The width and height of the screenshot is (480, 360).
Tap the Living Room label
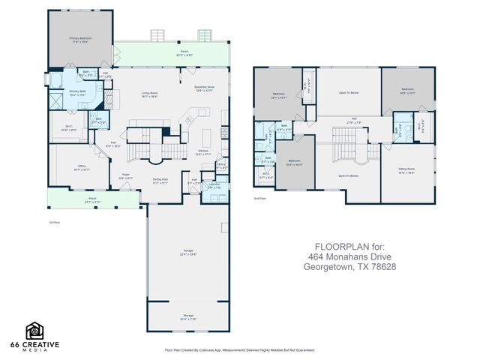tap(150, 94)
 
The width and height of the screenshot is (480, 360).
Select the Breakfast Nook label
tap(205, 88)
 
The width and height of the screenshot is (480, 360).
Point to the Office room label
tap(82, 168)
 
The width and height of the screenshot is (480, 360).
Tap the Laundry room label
tap(214, 186)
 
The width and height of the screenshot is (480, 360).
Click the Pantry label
tap(221, 166)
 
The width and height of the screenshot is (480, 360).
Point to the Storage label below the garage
tap(187, 316)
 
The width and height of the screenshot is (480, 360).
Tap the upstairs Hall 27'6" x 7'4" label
tap(353, 121)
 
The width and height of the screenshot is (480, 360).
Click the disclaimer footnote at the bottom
tap(240, 349)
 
